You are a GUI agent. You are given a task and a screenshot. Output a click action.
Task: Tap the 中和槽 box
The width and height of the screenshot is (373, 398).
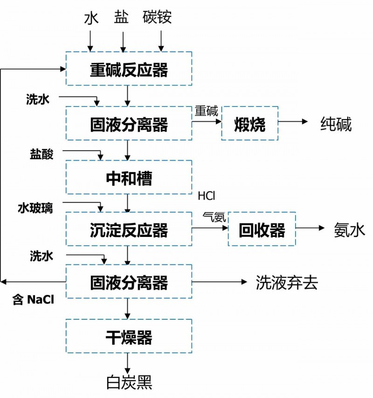coord(129,177)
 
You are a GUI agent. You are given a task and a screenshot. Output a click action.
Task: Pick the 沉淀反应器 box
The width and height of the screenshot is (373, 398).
coord(129,229)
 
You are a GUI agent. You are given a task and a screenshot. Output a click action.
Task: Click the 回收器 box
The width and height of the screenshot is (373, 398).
coord(262,229)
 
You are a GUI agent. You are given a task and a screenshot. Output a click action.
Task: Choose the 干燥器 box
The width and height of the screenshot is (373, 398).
coord(129,336)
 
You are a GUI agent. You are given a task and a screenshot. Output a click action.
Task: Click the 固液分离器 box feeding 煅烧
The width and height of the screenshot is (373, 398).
coord(129,123)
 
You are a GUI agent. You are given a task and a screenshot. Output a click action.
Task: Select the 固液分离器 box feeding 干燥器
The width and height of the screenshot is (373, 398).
coord(129,282)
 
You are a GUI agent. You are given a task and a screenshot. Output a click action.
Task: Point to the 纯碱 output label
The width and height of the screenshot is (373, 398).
coord(336,124)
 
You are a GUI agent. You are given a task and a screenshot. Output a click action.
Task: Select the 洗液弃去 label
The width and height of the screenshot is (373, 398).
coord(287,282)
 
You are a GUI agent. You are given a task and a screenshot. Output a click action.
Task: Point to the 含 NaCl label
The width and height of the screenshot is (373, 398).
coord(33,300)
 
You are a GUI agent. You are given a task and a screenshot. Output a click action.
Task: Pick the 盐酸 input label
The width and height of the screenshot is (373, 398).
coord(41,155)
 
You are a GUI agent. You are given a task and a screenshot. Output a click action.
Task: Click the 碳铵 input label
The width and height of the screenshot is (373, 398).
coord(157,17)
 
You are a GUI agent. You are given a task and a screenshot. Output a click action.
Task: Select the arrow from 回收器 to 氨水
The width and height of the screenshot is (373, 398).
coord(310,229)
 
